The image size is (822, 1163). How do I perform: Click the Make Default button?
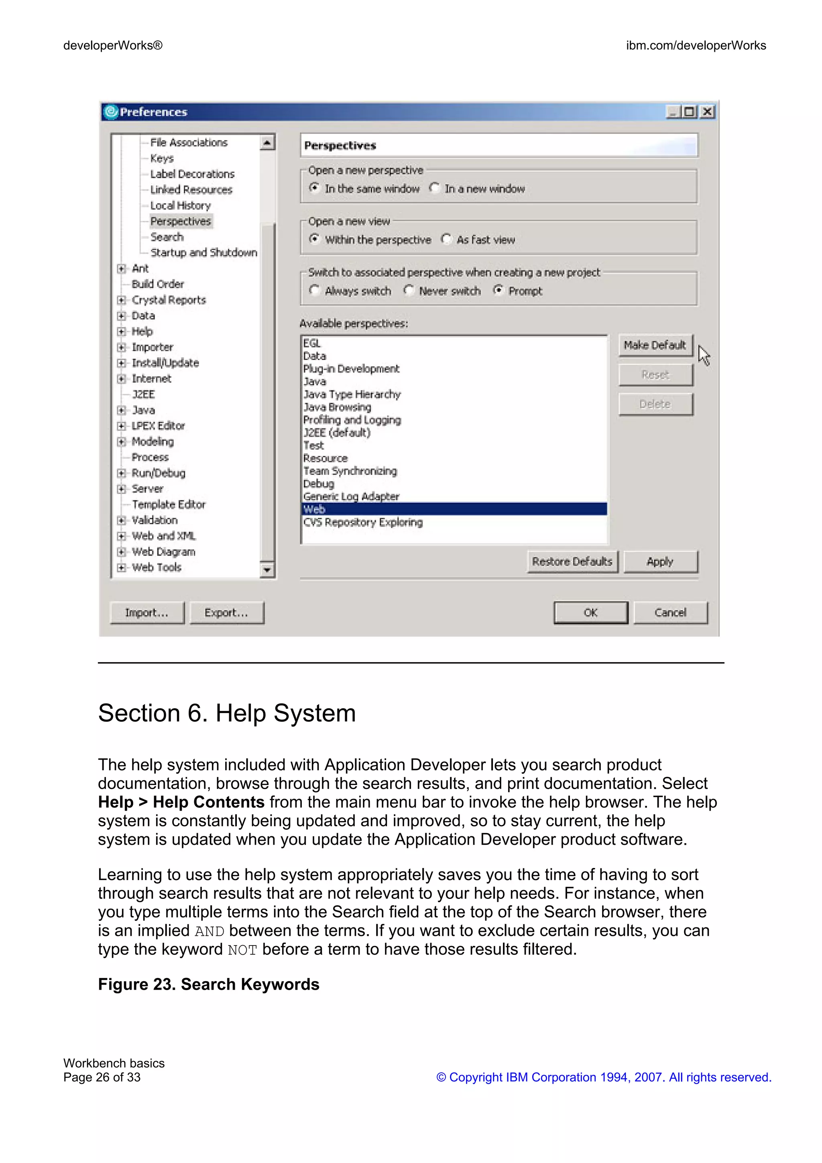[655, 345]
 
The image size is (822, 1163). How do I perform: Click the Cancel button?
[670, 612]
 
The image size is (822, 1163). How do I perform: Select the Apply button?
[660, 561]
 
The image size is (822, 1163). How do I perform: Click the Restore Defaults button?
[572, 561]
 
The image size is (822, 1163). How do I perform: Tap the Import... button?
[146, 612]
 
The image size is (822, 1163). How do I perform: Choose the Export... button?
[226, 612]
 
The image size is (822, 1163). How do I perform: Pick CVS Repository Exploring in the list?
[362, 522]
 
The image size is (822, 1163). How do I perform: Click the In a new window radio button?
[434, 188]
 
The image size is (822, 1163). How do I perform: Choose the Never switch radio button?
[409, 290]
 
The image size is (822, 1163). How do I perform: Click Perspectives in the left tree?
[180, 222]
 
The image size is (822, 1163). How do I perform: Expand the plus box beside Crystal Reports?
[121, 300]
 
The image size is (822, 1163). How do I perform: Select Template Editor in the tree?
[169, 504]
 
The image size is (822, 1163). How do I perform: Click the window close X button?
[708, 112]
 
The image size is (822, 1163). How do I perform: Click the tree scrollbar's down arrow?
[267, 570]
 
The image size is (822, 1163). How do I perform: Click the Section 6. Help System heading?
[226, 713]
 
